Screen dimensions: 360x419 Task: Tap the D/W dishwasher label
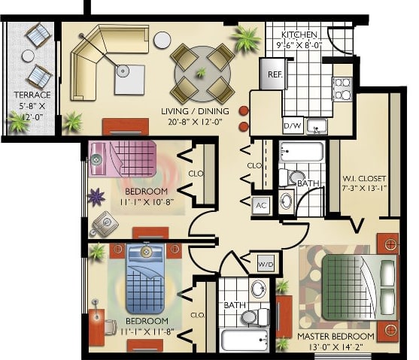click(291, 125)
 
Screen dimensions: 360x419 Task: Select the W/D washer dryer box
click(266, 265)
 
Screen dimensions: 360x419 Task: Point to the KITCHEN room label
click(299, 35)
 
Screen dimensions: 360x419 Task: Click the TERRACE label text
click(32, 95)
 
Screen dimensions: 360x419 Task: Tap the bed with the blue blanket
click(144, 278)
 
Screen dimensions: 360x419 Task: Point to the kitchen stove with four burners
click(342, 89)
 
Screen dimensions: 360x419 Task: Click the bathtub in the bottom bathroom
click(245, 340)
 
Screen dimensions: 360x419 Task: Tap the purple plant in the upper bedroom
click(96, 197)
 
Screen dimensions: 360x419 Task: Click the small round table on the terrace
click(28, 56)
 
